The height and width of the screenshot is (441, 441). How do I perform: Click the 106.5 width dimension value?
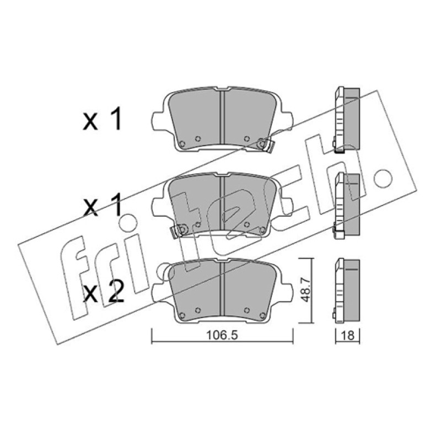pos(222,335)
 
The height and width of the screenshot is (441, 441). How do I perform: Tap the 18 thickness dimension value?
pos(348,335)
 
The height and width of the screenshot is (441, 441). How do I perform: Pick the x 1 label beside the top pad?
pos(103,119)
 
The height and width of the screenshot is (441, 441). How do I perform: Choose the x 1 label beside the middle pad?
pos(103,205)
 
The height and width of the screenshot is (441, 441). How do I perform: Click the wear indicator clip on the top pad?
pos(266,145)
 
